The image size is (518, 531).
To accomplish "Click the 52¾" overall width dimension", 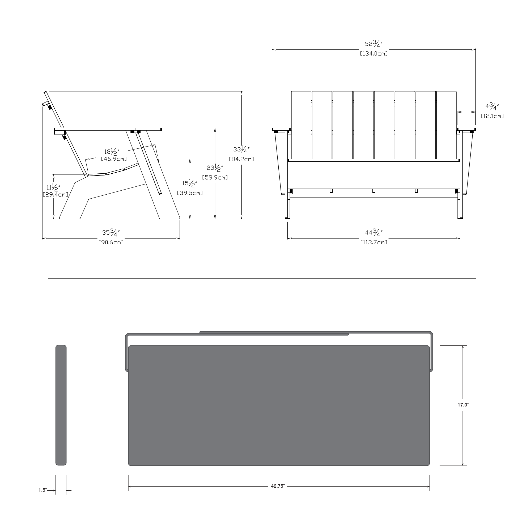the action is (x=374, y=44).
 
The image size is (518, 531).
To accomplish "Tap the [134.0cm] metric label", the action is (x=374, y=54).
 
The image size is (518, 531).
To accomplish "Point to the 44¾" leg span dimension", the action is (x=374, y=233).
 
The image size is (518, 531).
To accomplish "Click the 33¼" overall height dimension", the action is (x=241, y=149).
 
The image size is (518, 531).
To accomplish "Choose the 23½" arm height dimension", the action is (x=215, y=168).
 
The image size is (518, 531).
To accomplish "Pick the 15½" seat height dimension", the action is (x=190, y=183).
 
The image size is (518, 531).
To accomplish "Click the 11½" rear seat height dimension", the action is (x=53, y=188).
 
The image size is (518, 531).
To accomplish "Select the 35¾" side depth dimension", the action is (x=111, y=233).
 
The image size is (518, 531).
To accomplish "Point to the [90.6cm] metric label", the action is (x=111, y=242).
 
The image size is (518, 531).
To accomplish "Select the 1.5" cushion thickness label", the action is (x=43, y=490).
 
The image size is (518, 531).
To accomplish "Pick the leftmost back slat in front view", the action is (x=301, y=125).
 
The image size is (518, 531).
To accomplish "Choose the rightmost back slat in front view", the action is (x=446, y=125).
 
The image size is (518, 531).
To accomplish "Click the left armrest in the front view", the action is (x=281, y=129).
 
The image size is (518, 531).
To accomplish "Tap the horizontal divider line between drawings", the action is (x=262, y=279).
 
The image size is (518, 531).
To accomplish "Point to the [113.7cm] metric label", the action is (x=374, y=242).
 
